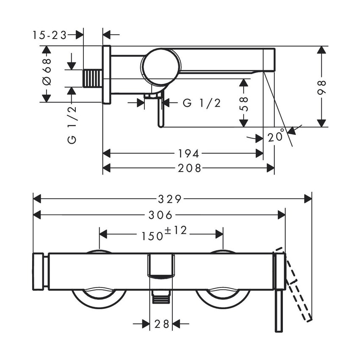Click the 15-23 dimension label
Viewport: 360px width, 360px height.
(50, 36)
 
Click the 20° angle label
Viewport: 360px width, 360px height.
(276, 136)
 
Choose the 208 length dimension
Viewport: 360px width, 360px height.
(189, 168)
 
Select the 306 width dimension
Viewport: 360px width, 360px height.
(161, 215)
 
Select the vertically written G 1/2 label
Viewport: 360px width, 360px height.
(72, 125)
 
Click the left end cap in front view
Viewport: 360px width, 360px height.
(39, 271)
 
